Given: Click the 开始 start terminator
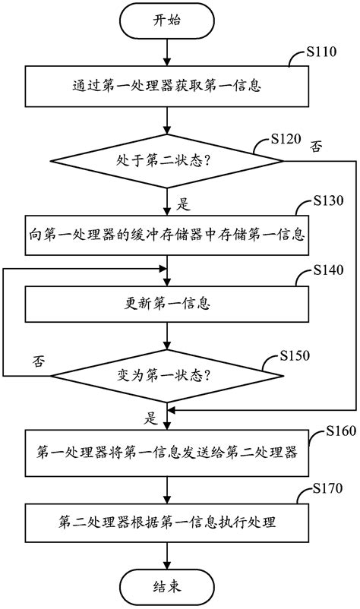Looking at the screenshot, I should click(166, 21).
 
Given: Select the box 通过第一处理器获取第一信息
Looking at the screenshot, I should click(166, 86).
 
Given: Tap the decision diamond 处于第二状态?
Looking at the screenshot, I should click(166, 161).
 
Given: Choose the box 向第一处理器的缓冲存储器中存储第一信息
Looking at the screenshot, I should click(166, 235).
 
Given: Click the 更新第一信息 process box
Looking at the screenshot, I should click(166, 304).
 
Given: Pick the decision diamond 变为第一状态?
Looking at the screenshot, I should click(166, 374).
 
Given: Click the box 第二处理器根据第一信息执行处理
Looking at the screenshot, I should click(166, 521).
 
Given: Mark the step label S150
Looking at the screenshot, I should click(295, 355).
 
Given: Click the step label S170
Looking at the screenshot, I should click(327, 487).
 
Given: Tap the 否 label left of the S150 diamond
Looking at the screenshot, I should click(38, 361).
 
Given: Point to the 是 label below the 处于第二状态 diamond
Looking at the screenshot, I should click(182, 204).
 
